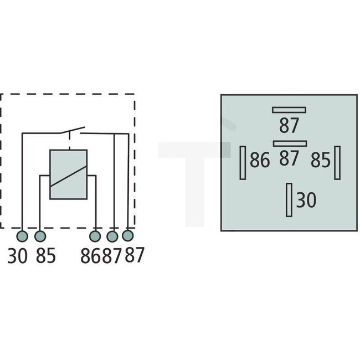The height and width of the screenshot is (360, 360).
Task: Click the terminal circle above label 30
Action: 22,236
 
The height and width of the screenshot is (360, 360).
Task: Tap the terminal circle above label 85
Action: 40,236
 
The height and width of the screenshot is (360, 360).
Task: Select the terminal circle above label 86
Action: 96,236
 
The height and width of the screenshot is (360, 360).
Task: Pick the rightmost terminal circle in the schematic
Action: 128,236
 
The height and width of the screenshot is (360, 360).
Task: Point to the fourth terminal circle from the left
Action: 113,236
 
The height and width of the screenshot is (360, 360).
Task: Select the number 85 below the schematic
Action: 46,256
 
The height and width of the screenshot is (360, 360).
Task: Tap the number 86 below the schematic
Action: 93,256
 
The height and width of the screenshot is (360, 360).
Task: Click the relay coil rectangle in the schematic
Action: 68,174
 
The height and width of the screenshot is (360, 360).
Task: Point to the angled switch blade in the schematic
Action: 72,131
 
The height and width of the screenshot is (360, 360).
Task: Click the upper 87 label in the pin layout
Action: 289,125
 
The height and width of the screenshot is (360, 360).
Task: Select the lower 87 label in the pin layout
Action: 289,159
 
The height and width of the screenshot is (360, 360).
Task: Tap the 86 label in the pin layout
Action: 259,161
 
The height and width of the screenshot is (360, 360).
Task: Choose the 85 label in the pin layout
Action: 320,161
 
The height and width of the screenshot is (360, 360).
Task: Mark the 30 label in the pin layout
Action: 306,200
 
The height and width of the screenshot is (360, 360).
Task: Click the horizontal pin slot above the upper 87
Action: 289,109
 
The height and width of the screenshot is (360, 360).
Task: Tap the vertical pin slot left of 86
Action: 243,162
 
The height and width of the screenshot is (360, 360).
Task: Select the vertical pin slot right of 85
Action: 337,162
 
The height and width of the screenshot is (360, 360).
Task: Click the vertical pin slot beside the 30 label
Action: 289,200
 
